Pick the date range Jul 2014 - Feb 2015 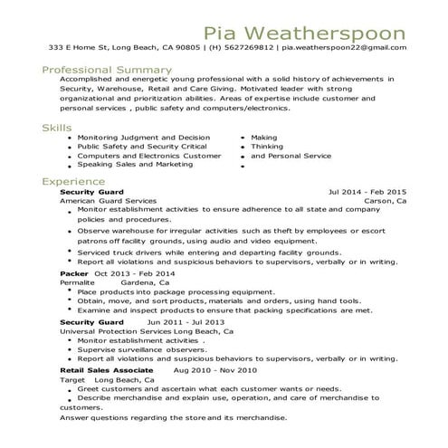(367, 192)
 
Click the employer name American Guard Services (108, 201)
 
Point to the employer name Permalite (77, 281)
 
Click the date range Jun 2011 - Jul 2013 (186, 321)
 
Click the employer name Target (71, 380)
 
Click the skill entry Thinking (267, 146)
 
